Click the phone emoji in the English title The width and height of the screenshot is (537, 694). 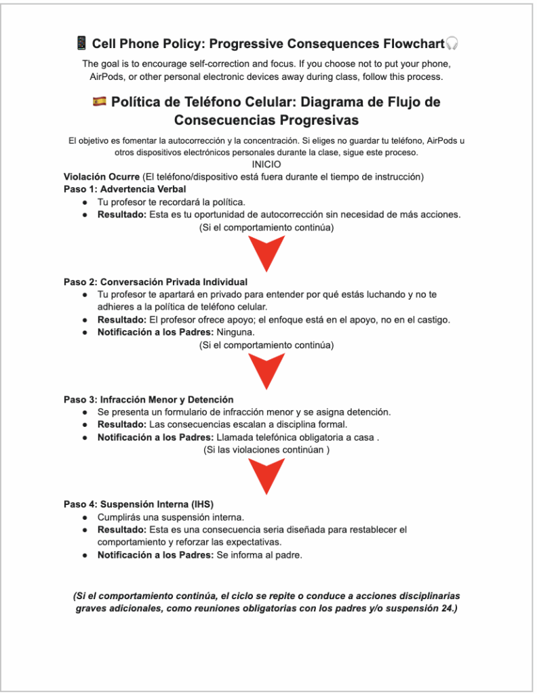[81, 44]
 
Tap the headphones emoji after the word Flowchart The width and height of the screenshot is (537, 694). [452, 44]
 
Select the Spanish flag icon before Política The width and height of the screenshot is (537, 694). [99, 102]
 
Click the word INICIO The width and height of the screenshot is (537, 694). [266, 165]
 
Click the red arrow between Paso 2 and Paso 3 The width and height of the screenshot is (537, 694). [266, 371]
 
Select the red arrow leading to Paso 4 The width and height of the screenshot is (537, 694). [266, 476]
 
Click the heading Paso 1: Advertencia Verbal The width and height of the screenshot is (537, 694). [125, 189]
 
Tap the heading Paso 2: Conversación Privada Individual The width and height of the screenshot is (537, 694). [155, 282]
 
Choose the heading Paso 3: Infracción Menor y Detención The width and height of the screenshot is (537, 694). [148, 400]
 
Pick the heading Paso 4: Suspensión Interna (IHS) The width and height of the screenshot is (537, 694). [138, 504]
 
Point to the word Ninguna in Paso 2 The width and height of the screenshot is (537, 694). [236, 332]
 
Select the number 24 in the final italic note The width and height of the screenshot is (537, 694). [448, 609]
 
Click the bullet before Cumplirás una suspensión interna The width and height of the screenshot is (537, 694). [85, 517]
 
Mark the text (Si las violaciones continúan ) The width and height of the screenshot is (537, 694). [266, 450]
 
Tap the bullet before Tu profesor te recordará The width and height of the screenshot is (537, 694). [85, 202]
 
